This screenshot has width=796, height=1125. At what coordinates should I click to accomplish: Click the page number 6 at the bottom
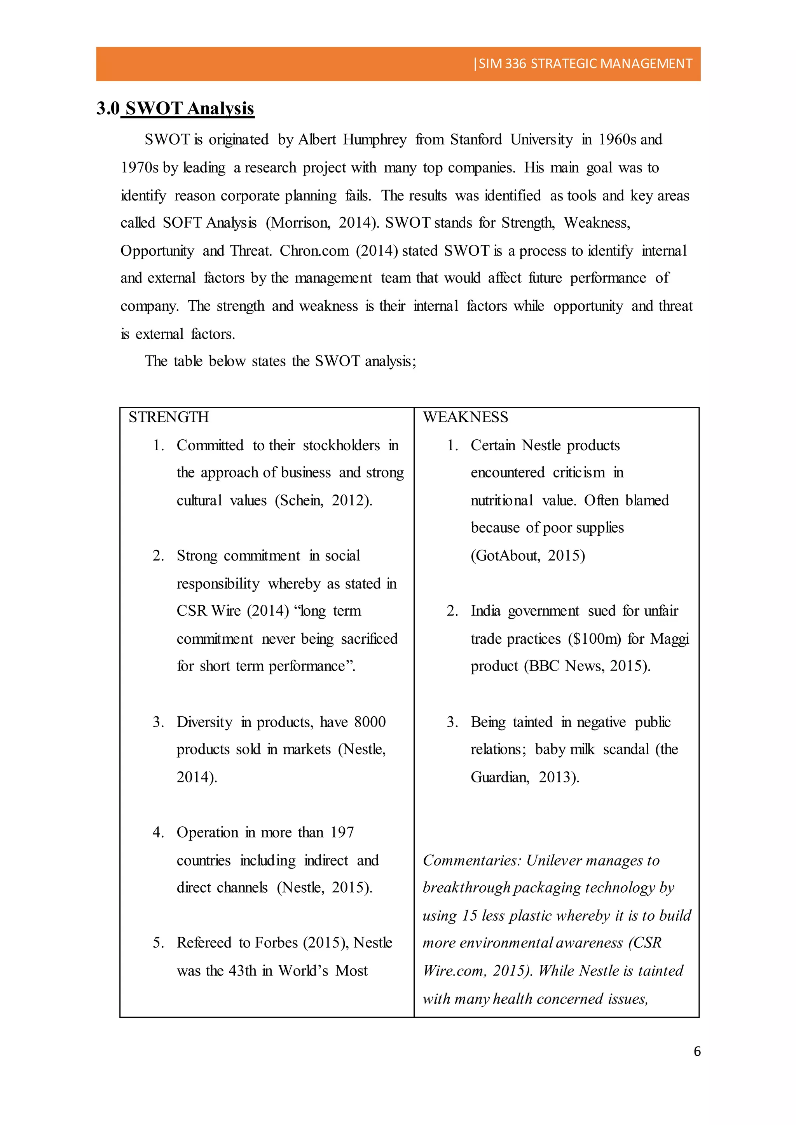(697, 1051)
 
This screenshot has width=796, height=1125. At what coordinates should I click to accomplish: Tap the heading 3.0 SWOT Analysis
(175, 108)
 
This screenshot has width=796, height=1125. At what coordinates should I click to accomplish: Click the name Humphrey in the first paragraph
(374, 139)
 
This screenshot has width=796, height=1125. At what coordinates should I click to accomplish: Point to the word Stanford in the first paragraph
(475, 139)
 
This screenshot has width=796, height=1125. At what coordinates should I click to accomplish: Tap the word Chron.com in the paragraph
(314, 251)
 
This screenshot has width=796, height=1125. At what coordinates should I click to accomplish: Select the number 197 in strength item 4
(342, 832)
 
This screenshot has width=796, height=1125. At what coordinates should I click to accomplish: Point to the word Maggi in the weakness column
(670, 639)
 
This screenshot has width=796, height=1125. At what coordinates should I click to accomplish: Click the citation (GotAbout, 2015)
(527, 556)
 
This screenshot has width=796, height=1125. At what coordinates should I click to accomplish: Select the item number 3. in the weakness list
(452, 722)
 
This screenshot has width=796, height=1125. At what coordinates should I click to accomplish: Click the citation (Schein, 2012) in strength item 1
(323, 501)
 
